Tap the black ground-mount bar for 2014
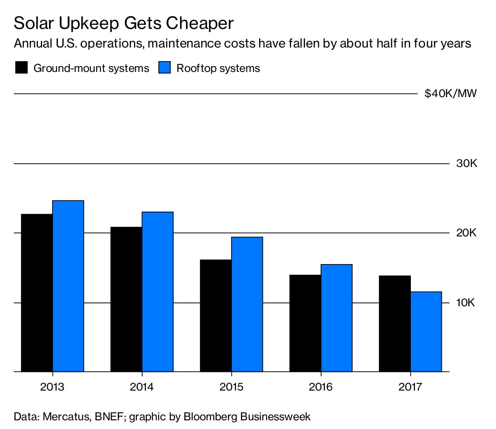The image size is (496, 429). [x=126, y=299]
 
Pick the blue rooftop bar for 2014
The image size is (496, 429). [x=157, y=292]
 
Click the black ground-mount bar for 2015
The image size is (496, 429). [x=216, y=316]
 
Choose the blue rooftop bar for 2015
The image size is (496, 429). [x=247, y=304]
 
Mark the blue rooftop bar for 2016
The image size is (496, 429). [x=336, y=318]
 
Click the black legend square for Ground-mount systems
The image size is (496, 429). [x=21, y=68]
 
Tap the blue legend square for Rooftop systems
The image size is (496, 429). [x=165, y=68]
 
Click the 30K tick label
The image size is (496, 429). [x=466, y=164]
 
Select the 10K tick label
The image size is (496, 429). [x=466, y=303]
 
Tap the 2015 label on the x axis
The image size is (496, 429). [x=231, y=387]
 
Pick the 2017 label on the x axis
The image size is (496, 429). [x=410, y=387]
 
